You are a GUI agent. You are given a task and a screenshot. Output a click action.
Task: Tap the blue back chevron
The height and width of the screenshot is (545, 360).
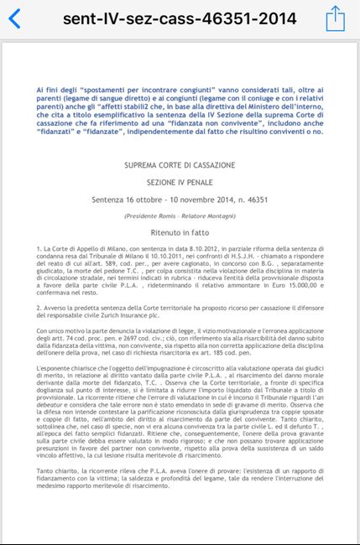click(x=14, y=18)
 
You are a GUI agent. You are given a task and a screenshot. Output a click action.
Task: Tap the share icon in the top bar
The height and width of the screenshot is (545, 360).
click(x=335, y=17)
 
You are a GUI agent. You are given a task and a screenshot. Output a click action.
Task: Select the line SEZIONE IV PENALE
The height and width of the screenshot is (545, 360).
click(x=180, y=183)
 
